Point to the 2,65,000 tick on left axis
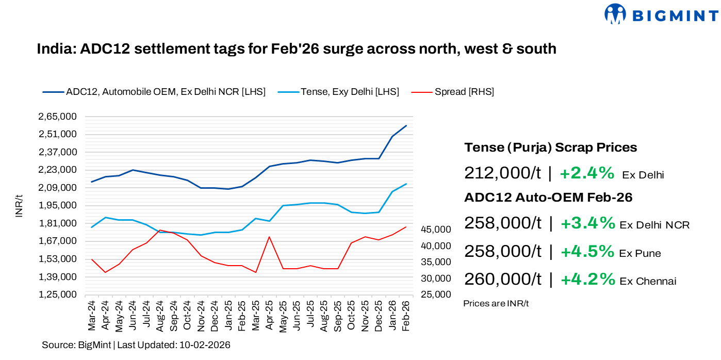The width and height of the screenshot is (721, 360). point(57,117)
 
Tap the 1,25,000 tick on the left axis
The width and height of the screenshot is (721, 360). point(57,294)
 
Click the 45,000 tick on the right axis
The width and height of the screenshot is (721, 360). point(436,229)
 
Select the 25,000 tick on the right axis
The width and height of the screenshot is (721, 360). point(436,294)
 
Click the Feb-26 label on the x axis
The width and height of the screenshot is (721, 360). point(405,316)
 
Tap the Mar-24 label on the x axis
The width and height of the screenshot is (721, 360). point(92,316)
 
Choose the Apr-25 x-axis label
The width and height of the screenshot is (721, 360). point(269,316)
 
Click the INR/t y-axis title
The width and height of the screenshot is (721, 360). point(19,206)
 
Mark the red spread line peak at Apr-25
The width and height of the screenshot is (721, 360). point(269,237)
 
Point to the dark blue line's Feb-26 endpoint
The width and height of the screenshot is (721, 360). point(406,125)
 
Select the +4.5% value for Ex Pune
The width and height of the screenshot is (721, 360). point(587,252)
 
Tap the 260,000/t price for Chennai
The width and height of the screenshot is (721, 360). point(503,279)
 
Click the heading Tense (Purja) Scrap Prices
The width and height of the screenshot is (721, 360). point(550,148)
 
